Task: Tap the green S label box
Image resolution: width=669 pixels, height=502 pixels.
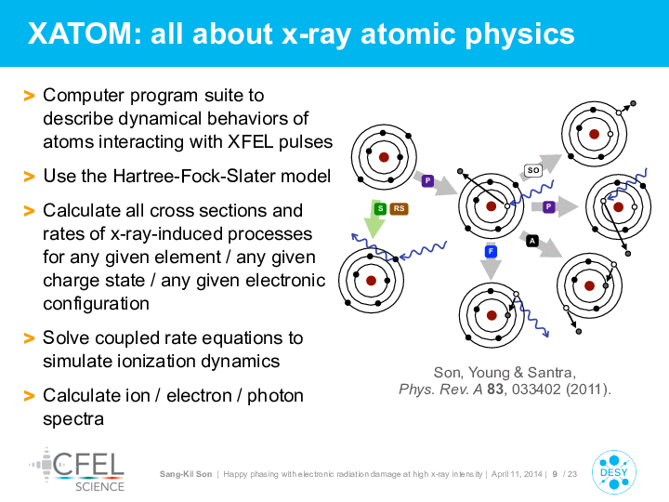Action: [x=380, y=208]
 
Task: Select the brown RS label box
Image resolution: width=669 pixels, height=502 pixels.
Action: [x=399, y=208]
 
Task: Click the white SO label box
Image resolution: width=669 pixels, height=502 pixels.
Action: [x=533, y=170]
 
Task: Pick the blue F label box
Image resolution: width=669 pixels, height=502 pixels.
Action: [x=491, y=251]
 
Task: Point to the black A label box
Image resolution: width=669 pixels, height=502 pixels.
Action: [x=532, y=241]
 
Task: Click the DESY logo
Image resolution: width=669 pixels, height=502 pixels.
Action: [x=614, y=472]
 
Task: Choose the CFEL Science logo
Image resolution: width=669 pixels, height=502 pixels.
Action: [x=78, y=470]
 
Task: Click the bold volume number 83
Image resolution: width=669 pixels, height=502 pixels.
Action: [x=495, y=390]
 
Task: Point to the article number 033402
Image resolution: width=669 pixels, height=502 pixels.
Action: [x=536, y=390]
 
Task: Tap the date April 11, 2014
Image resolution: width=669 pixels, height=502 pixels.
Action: [x=517, y=474]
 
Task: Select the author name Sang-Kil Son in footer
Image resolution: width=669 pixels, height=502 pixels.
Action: [x=186, y=474]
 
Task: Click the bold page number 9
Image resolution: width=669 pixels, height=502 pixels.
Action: [x=555, y=474]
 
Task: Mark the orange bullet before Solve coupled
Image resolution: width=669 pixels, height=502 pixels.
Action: [x=29, y=338]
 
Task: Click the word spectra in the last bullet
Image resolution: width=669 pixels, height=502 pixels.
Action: [x=73, y=419]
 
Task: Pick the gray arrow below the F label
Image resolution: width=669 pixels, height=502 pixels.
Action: [x=491, y=270]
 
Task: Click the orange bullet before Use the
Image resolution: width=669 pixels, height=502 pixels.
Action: [x=29, y=177]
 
